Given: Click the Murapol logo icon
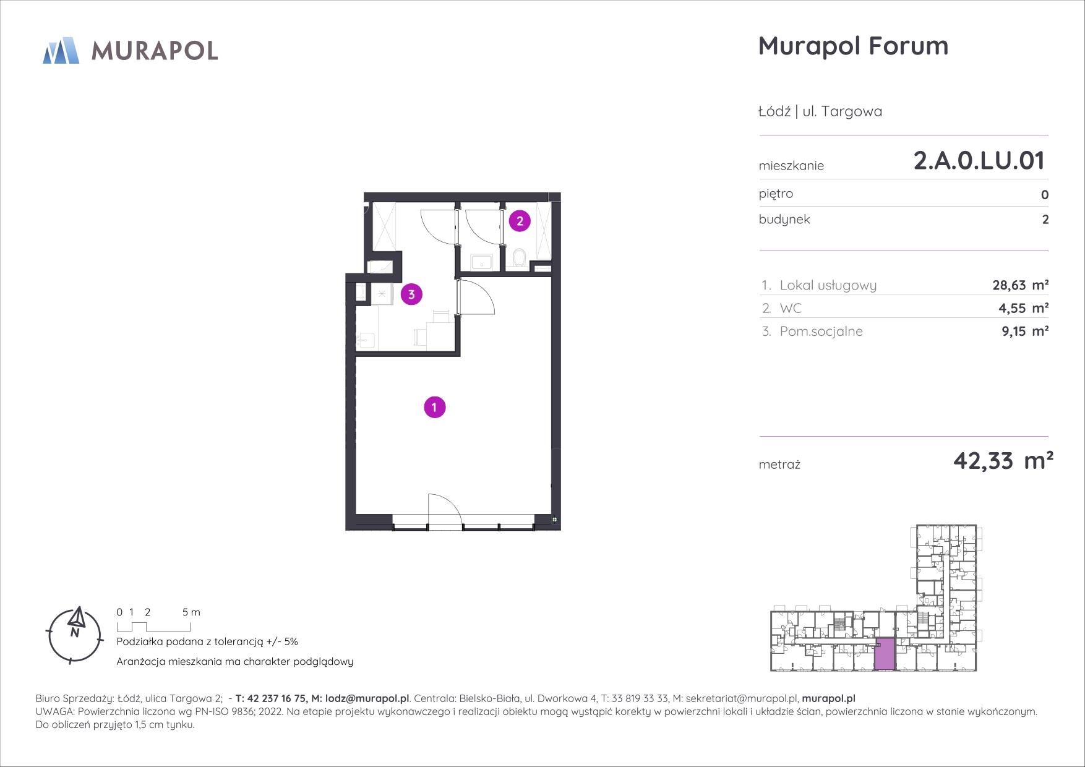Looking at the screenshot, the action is click(61, 50).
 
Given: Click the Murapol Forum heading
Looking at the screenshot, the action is click(853, 46).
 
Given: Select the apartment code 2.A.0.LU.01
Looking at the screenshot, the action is click(979, 160).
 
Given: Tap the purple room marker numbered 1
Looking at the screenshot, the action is click(435, 407).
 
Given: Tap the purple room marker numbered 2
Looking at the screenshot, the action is click(520, 220).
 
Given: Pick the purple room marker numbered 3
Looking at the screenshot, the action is click(411, 294).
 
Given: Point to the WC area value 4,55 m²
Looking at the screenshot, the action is click(1025, 308).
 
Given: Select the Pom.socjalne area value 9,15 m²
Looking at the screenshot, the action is click(1025, 331).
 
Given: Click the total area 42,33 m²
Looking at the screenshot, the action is click(1003, 461).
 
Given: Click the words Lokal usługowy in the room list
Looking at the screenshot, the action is click(828, 285).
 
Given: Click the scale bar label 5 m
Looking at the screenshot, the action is click(191, 612).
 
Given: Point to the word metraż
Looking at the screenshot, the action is click(779, 465).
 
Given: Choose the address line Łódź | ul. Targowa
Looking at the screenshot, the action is click(820, 111).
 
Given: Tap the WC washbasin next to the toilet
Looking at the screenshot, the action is click(482, 262).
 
